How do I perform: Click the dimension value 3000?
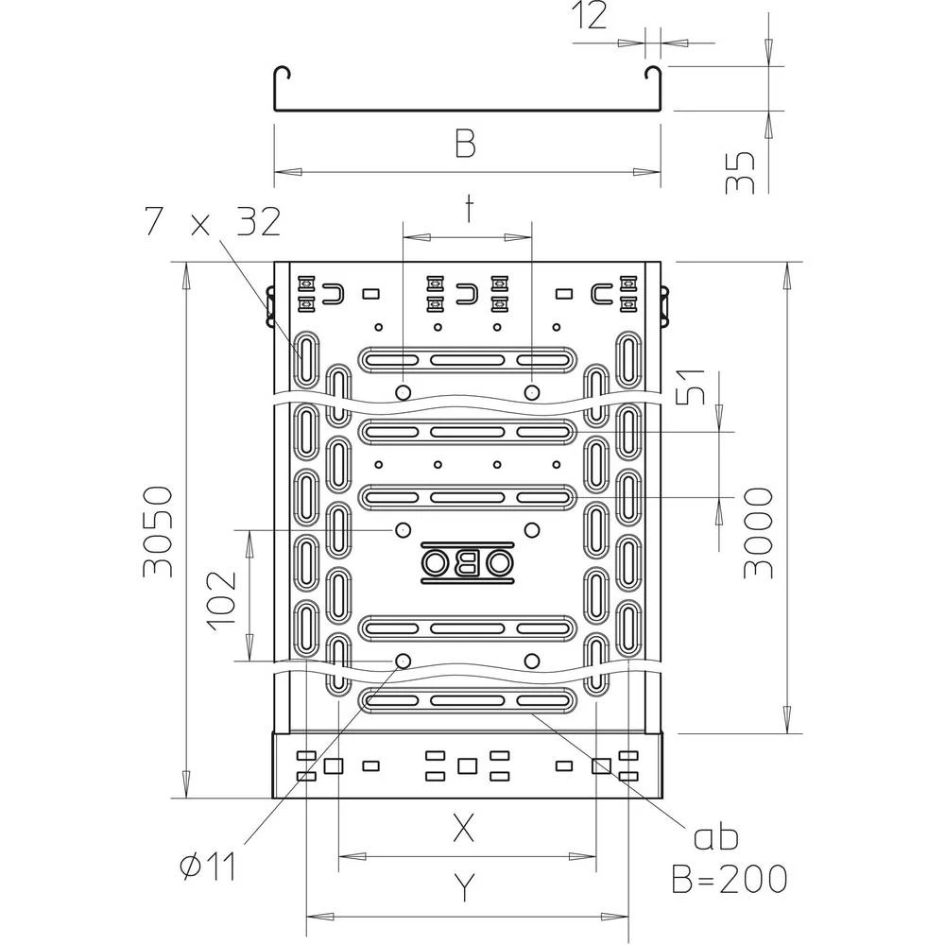pyautogui.click(x=759, y=532)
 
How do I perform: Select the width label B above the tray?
pyautogui.click(x=464, y=145)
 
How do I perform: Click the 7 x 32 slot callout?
pyautogui.click(x=213, y=222)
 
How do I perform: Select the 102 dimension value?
pyautogui.click(x=220, y=598)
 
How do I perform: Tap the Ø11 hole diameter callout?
pyautogui.click(x=209, y=866)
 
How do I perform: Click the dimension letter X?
pyautogui.click(x=462, y=829)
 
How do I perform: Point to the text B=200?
pyautogui.click(x=729, y=880)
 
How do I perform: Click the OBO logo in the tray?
pyautogui.click(x=468, y=563)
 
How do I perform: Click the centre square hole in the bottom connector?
pyautogui.click(x=467, y=765)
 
